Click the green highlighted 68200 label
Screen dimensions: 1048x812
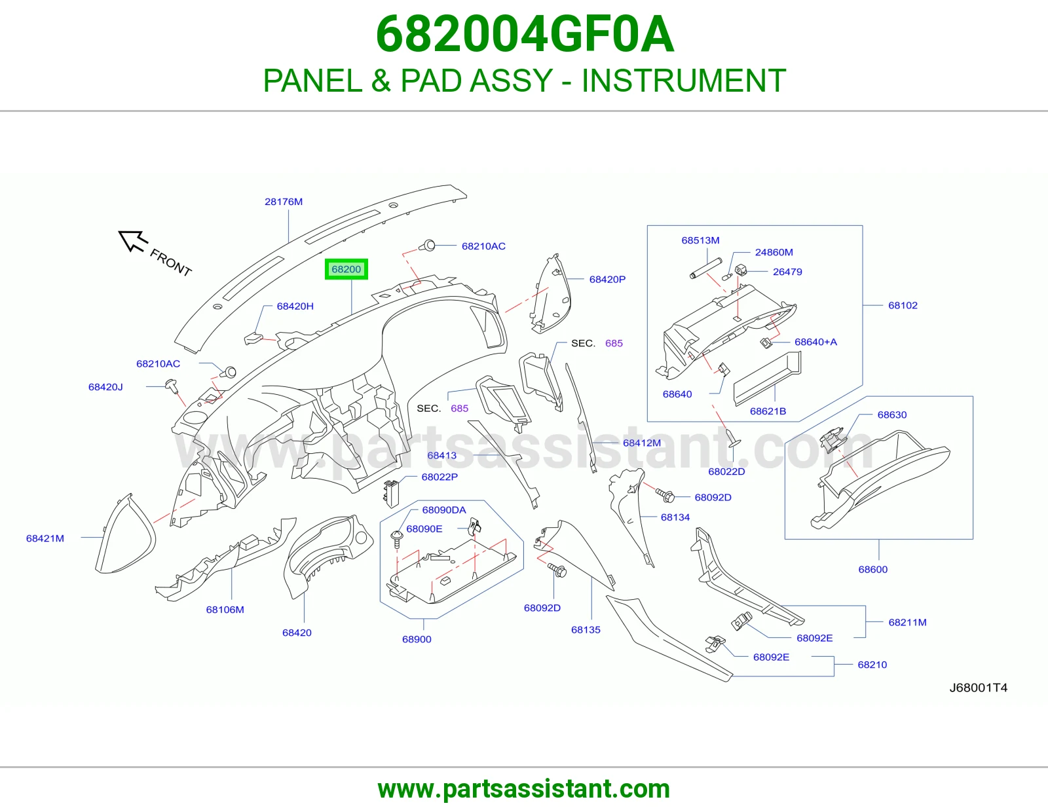346,269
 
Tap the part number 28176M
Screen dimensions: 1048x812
284,202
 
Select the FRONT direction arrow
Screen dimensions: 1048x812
132,241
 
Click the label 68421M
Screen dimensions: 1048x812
45,538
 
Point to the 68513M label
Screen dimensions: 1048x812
700,240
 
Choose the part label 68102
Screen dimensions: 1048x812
903,305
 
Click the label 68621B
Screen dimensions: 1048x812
768,411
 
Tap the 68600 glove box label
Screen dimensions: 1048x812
873,570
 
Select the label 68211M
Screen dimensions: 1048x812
907,623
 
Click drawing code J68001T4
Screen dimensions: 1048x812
979,688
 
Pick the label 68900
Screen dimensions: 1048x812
417,639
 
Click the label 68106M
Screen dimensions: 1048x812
225,610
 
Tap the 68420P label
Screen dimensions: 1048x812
607,279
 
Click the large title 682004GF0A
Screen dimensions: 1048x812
525,34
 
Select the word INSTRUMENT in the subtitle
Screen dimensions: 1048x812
684,81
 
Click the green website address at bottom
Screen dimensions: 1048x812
524,789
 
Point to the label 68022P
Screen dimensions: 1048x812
440,477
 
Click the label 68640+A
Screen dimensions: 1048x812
815,342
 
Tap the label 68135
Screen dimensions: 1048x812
586,630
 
